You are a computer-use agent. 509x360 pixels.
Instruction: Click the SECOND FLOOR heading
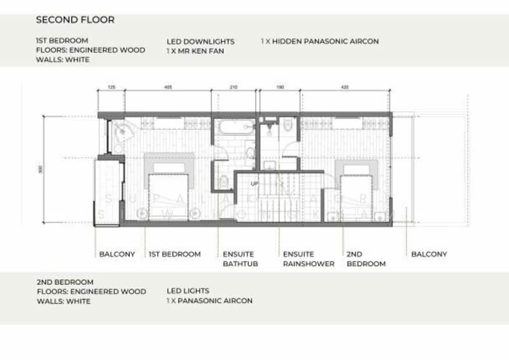point(75,20)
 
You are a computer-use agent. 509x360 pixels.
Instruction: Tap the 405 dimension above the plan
point(168,86)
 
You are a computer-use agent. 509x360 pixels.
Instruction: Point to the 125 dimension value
point(111,86)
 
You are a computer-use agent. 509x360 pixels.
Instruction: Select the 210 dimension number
point(233,86)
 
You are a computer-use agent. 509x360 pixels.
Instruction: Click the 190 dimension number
point(280,86)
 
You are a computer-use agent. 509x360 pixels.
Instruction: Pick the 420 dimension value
point(344,86)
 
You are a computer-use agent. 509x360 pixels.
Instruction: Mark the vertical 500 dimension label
point(40,170)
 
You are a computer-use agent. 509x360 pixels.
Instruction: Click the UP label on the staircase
point(255,184)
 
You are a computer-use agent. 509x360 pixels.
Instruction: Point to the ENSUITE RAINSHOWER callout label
point(309,259)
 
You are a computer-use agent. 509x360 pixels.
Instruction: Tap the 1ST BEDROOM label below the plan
point(174,254)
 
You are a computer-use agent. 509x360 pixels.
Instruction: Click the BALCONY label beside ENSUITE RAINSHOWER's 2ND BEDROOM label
point(429,254)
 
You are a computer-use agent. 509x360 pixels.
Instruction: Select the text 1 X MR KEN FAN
point(196,50)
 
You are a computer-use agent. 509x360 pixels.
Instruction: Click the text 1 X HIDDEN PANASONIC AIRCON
point(319,41)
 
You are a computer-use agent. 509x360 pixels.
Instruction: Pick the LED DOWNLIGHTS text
point(200,41)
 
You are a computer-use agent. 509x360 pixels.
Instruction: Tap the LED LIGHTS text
point(188,291)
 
